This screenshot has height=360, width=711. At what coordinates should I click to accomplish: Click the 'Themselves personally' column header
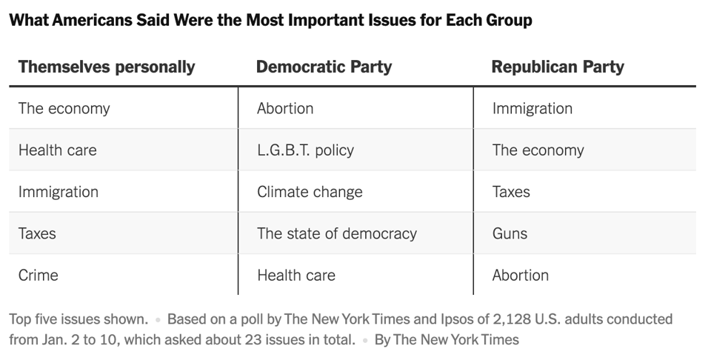coord(107,67)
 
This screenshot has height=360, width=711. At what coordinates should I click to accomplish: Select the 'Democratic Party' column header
coord(324,67)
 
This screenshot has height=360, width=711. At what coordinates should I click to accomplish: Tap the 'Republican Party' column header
coord(558,67)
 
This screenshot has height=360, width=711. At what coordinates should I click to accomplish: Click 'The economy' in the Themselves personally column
coord(64,108)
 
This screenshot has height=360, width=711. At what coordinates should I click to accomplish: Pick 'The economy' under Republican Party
coord(538,150)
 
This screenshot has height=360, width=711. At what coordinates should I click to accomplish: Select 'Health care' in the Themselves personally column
coord(57,150)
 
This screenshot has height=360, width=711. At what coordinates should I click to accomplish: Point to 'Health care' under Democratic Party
coord(296,275)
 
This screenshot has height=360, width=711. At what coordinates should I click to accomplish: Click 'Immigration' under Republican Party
coord(532,108)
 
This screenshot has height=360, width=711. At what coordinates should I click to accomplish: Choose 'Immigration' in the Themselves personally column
coord(58,192)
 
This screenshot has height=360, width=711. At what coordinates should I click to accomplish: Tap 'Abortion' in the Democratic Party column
coord(285,108)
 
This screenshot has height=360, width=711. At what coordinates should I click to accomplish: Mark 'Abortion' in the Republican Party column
coord(521,275)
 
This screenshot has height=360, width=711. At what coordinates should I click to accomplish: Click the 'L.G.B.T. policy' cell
coord(305,150)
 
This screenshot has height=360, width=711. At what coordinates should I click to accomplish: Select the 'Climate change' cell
coord(310,192)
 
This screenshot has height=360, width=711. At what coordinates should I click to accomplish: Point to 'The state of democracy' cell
coord(337,233)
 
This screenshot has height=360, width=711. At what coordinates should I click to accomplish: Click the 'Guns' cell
coord(510,233)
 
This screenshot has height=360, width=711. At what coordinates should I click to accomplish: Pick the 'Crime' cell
coord(38,275)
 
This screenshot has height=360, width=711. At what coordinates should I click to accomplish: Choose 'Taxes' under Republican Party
coord(511,192)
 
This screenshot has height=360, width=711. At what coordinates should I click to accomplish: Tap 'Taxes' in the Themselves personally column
coord(37,233)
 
